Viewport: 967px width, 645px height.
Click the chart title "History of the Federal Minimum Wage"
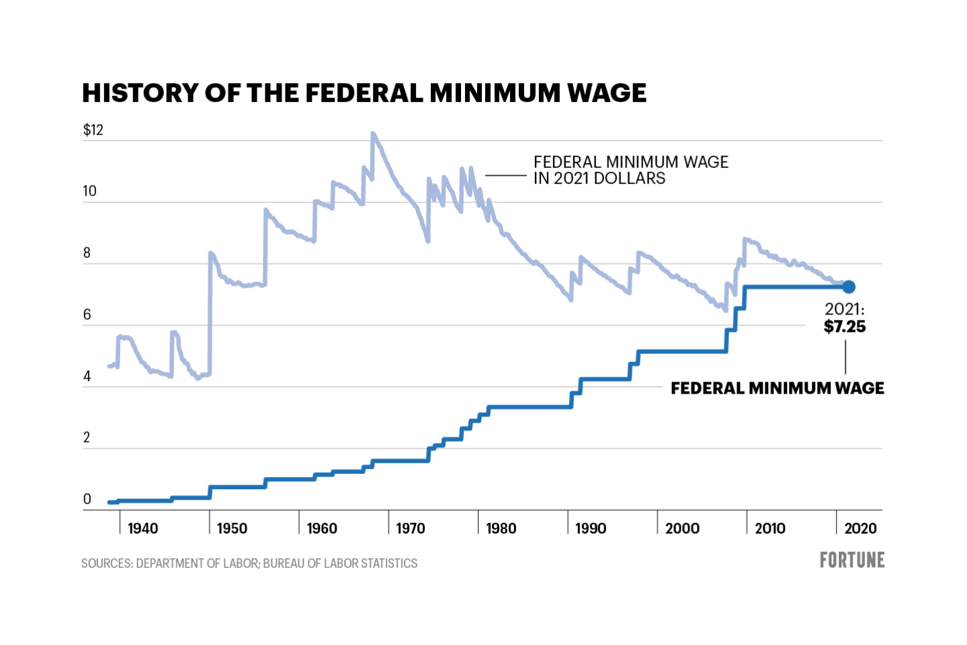coord(364,93)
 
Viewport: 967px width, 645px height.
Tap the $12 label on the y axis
coord(93,130)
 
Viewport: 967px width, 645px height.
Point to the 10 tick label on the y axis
coord(89,191)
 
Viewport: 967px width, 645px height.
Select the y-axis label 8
coord(87,253)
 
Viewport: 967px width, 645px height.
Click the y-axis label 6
coord(87,315)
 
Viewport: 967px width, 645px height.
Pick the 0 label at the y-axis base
coord(87,499)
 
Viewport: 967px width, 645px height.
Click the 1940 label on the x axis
coord(142,529)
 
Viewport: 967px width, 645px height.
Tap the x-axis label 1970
coord(410,529)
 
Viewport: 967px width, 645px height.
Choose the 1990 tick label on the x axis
coord(590,529)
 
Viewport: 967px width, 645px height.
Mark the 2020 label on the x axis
coord(860,529)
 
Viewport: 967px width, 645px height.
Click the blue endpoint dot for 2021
coord(849,287)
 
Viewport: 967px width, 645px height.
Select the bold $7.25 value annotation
coord(845,327)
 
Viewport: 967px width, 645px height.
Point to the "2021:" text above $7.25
coord(845,309)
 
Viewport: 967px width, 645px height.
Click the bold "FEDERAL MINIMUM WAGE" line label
coord(777,388)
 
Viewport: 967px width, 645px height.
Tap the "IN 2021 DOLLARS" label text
coord(599,179)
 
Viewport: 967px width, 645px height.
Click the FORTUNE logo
coord(851,560)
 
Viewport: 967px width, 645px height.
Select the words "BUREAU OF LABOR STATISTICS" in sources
coord(340,564)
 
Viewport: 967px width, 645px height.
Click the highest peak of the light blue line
coord(373,134)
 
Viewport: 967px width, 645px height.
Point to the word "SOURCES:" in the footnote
coord(107,564)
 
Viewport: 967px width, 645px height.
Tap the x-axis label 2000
coord(682,529)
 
